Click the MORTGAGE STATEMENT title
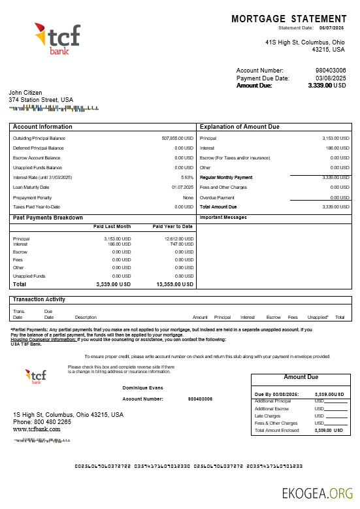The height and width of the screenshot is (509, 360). tap(289, 19)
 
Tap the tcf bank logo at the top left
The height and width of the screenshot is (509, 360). tap(57, 39)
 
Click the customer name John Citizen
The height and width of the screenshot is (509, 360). tap(25, 93)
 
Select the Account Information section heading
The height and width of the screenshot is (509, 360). tap(42, 127)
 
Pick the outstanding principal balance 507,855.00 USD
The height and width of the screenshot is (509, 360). tap(178, 139)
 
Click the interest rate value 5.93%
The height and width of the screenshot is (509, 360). tap(188, 178)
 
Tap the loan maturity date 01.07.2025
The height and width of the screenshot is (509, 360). tap(183, 188)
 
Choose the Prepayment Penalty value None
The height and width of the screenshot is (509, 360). tap(188, 197)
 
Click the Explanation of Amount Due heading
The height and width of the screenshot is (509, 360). tap(239, 127)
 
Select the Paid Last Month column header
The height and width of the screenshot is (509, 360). tap(112, 227)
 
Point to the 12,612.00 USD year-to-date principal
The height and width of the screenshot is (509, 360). tap(179, 239)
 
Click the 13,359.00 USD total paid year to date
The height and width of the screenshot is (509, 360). tap(175, 285)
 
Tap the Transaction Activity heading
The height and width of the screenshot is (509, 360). tap(39, 299)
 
